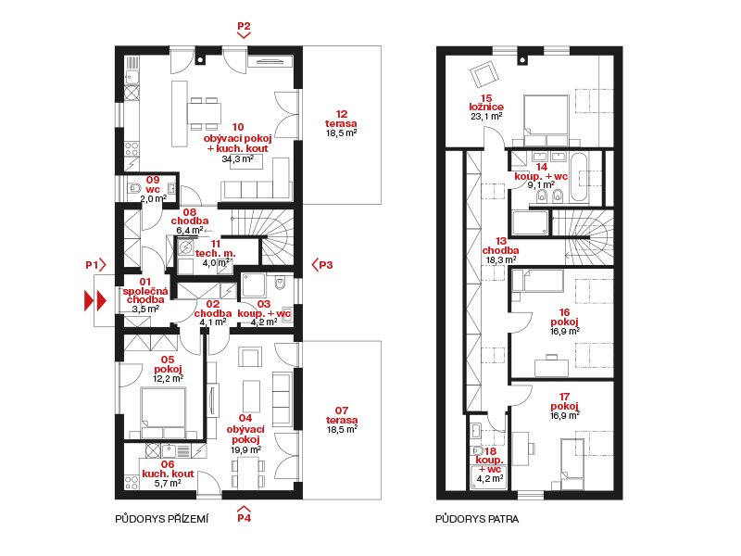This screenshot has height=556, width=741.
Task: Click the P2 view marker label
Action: [244, 26]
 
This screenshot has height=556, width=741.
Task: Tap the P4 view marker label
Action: [244, 518]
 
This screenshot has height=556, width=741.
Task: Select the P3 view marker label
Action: [326, 265]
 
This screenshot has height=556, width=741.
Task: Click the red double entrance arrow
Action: [95, 300]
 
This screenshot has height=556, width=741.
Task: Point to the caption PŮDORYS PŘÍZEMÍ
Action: [161, 519]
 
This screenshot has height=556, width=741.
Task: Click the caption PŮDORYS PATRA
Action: [477, 519]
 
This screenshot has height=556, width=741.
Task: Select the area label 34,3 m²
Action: [238, 159]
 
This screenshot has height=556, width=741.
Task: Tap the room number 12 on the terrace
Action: [342, 114]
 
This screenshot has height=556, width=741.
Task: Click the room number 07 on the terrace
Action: [342, 411]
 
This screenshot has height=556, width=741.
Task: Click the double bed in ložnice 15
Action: [546, 120]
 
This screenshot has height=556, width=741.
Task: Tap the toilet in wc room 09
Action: [134, 188]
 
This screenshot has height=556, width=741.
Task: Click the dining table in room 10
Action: [204, 113]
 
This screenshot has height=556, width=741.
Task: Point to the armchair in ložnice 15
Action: [484, 75]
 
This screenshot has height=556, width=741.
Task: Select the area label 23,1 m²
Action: [486, 117]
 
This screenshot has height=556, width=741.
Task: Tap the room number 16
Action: [564, 312]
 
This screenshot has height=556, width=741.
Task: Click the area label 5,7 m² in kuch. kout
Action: [168, 483]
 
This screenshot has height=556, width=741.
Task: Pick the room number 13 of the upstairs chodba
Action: [501, 241]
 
